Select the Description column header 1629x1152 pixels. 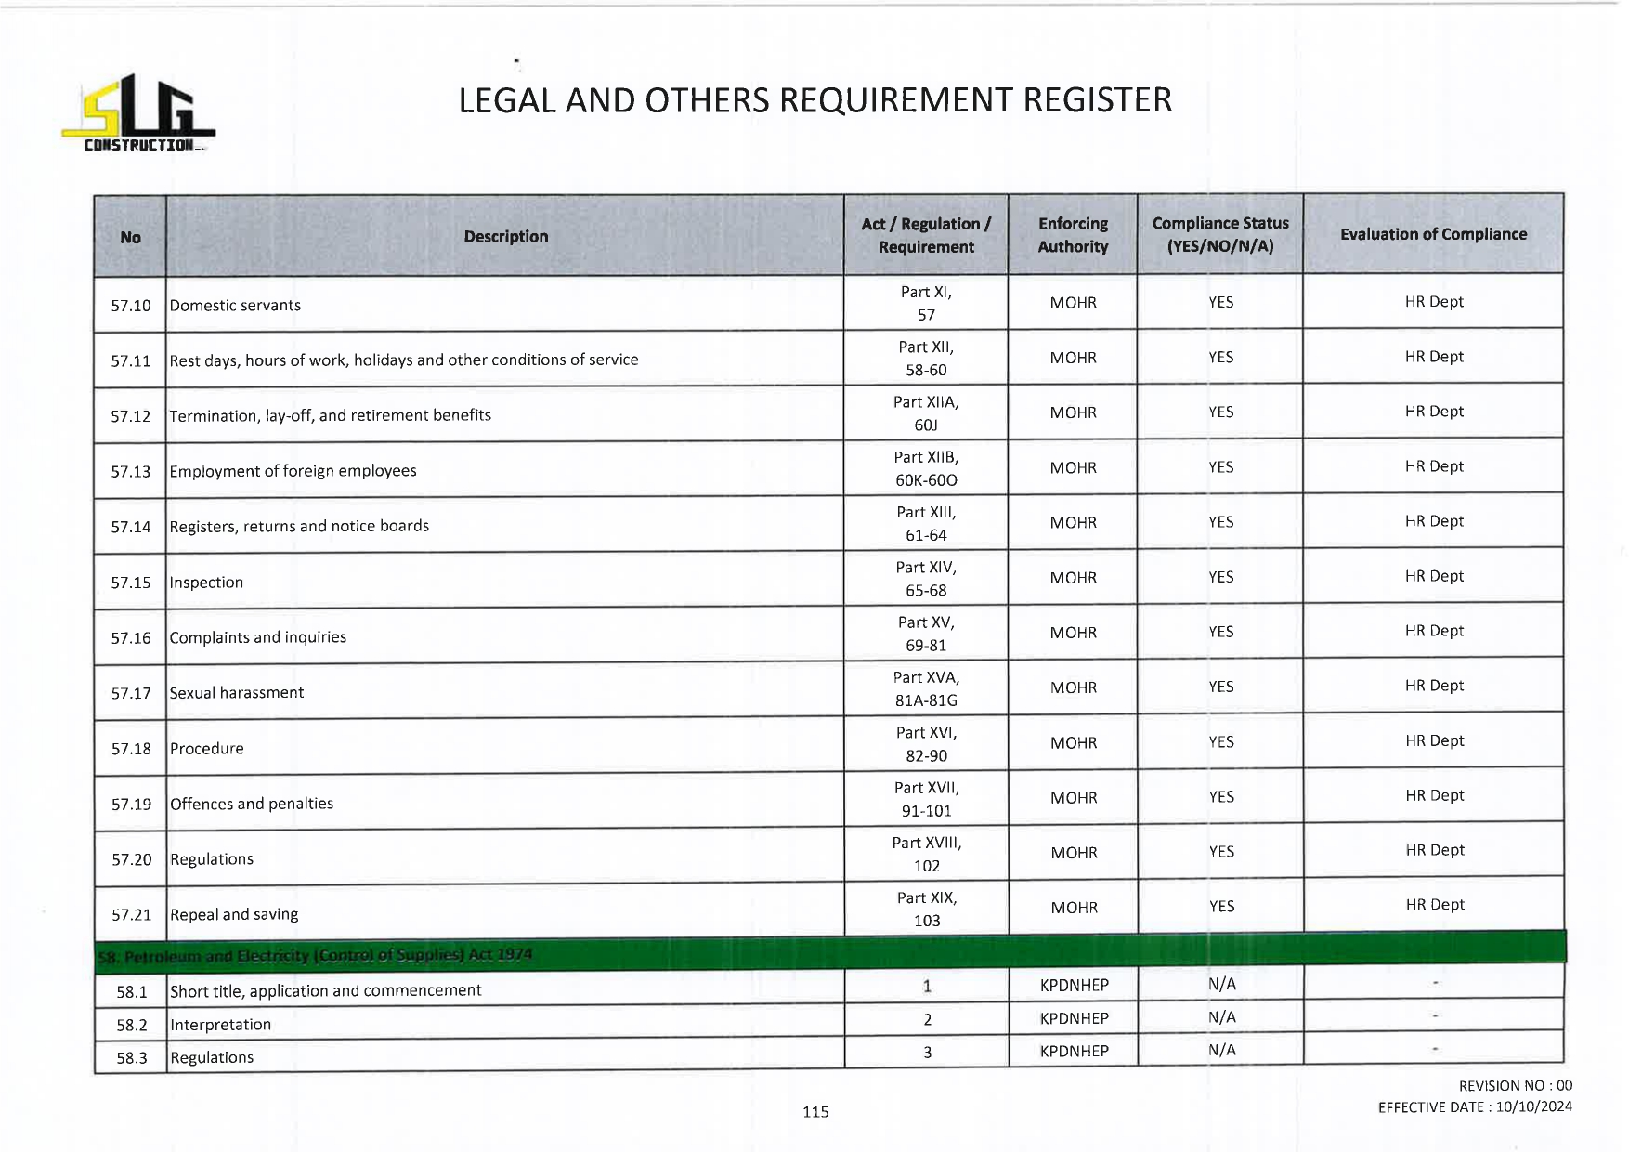pyautogui.click(x=505, y=237)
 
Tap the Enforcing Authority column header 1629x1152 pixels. pyautogui.click(x=1073, y=235)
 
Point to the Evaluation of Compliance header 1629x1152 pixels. pyautogui.click(x=1433, y=234)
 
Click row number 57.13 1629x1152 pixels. pyautogui.click(x=130, y=472)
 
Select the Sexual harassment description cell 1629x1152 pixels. pyautogui.click(x=237, y=693)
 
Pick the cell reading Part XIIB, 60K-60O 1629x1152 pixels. pyautogui.click(x=926, y=468)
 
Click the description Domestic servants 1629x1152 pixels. pyautogui.click(x=235, y=306)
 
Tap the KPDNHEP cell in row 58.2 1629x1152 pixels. pyautogui.click(x=1074, y=1018)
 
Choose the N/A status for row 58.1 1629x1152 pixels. pyautogui.click(x=1221, y=984)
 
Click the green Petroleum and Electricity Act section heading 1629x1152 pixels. pyautogui.click(x=316, y=955)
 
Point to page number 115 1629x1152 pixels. pyautogui.click(x=815, y=1111)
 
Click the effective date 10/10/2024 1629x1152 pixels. pyautogui.click(x=1533, y=1106)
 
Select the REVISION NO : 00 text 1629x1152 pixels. pyautogui.click(x=1515, y=1085)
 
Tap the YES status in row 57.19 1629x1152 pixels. pyautogui.click(x=1221, y=797)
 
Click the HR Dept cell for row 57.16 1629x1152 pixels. pyautogui.click(x=1434, y=631)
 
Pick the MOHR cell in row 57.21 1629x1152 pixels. pyautogui.click(x=1074, y=908)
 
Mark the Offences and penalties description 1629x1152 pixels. pyautogui.click(x=252, y=804)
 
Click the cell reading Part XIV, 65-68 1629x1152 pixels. pyautogui.click(x=926, y=579)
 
